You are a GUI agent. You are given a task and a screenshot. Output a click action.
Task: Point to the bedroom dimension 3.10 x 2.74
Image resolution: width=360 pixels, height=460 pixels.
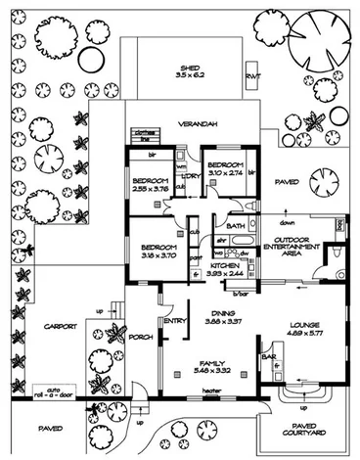coord(226,172)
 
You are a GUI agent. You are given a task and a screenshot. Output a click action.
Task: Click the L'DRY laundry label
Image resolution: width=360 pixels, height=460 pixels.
coord(191,175)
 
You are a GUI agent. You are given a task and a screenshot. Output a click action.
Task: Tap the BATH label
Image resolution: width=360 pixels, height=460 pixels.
coord(235,226)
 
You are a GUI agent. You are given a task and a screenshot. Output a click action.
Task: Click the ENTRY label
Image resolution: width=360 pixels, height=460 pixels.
coord(175,320)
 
